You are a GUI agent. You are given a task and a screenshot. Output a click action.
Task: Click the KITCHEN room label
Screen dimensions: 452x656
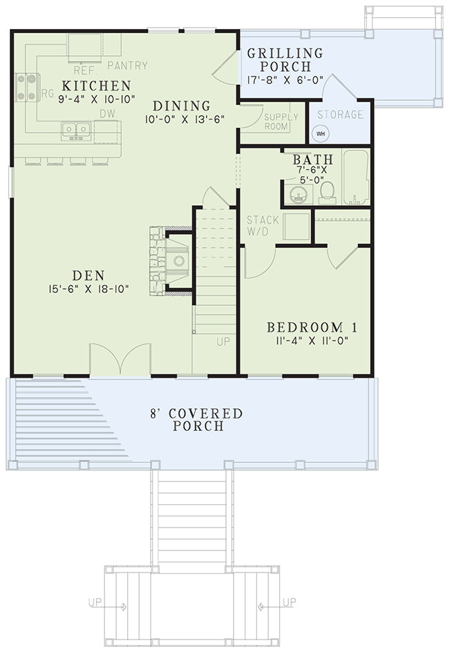(96, 86)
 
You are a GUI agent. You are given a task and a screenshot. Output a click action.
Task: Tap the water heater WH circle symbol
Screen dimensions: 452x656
(321, 134)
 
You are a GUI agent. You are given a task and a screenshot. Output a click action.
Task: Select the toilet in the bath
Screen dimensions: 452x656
(327, 193)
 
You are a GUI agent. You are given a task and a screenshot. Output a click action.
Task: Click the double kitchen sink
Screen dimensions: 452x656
(76, 131)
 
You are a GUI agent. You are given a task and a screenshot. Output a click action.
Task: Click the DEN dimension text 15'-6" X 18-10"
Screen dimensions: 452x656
(88, 289)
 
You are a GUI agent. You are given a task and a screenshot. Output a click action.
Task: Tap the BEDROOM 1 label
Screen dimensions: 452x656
(312, 327)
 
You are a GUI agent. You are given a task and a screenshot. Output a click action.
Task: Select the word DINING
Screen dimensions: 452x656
(181, 106)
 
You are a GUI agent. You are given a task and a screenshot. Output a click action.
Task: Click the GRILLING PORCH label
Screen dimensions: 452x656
(285, 60)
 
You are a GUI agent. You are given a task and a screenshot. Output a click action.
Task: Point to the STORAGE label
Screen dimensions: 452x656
(340, 114)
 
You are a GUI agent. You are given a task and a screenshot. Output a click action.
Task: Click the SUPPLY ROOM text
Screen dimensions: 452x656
(281, 122)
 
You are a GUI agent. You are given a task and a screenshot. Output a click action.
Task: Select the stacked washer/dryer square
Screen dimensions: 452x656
(297, 226)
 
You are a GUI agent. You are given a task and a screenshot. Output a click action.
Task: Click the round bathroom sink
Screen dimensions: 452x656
(298, 194)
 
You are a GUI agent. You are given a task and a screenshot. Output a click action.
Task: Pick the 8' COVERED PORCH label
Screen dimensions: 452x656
(197, 420)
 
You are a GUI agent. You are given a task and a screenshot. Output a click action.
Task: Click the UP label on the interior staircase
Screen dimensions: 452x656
(223, 342)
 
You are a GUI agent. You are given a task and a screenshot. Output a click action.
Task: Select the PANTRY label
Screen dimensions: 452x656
(128, 66)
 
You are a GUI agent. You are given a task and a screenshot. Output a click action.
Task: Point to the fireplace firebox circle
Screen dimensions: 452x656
(179, 260)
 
